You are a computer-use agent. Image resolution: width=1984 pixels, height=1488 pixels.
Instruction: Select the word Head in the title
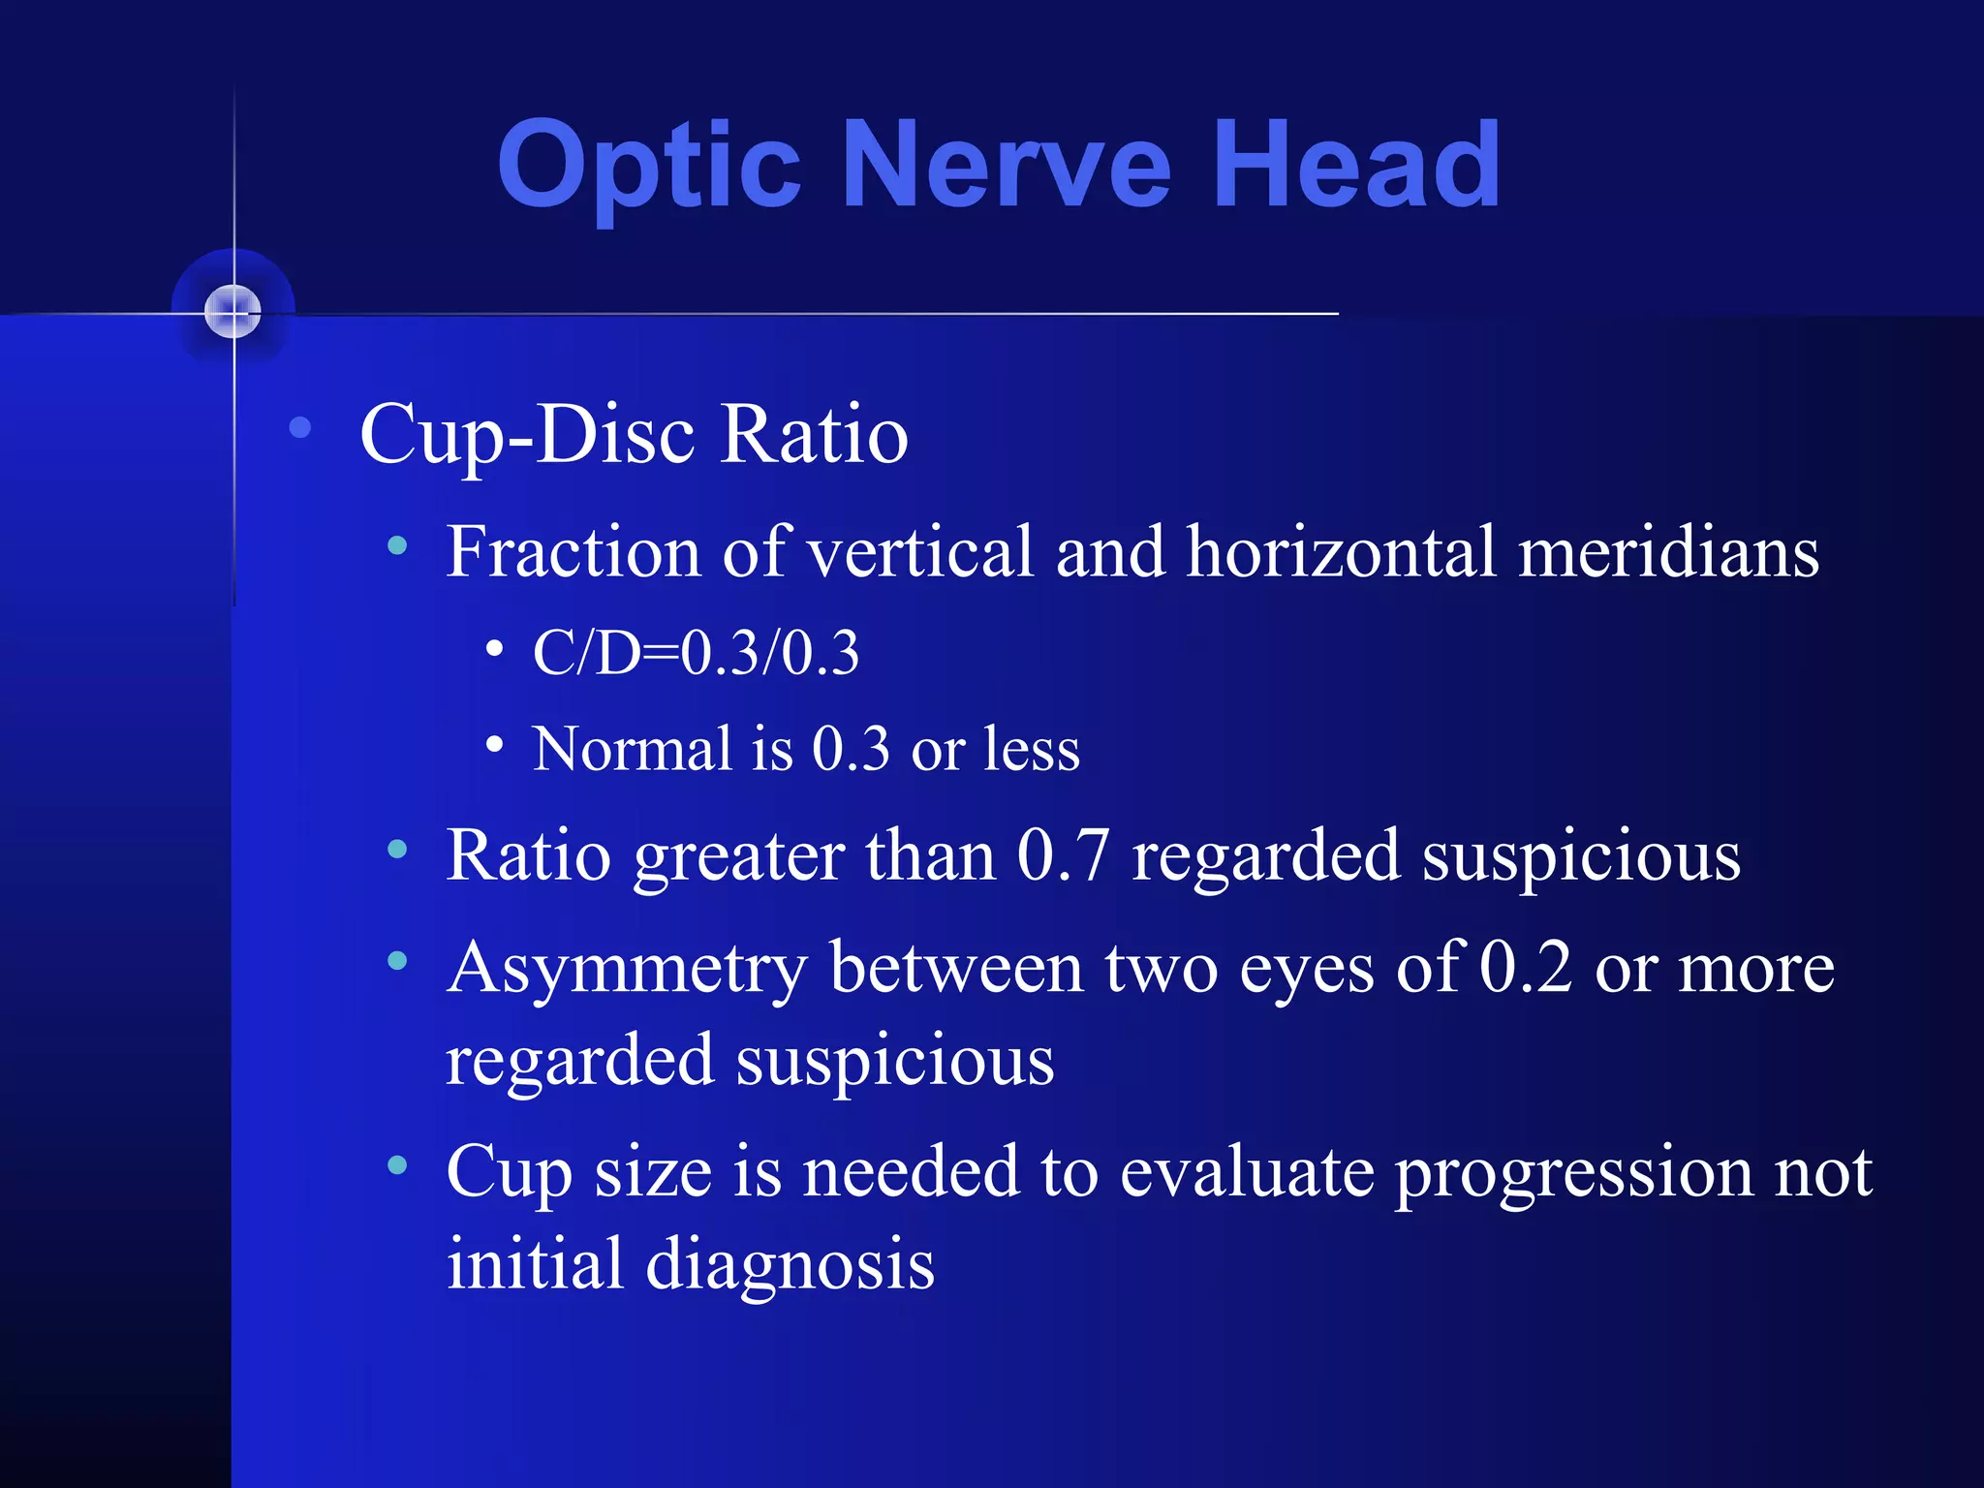(x=1356, y=165)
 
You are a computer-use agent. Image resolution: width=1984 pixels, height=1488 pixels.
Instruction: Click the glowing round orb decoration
(x=233, y=311)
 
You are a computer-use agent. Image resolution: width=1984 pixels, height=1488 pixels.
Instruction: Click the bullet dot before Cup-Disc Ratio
(x=300, y=427)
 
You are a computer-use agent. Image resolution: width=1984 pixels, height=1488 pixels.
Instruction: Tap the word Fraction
(x=573, y=552)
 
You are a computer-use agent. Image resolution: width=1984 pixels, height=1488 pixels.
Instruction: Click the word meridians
(x=1668, y=552)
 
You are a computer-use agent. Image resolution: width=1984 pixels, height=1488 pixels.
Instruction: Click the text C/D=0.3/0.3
(x=696, y=653)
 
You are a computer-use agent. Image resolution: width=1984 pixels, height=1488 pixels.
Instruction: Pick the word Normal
(x=633, y=749)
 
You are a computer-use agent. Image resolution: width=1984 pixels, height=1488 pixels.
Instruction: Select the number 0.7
(x=1063, y=856)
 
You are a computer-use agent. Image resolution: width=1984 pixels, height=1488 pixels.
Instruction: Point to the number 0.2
(x=1526, y=967)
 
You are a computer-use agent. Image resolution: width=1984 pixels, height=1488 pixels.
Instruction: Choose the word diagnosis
(x=790, y=1264)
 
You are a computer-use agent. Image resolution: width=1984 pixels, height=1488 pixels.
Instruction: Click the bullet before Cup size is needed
(x=397, y=1165)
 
